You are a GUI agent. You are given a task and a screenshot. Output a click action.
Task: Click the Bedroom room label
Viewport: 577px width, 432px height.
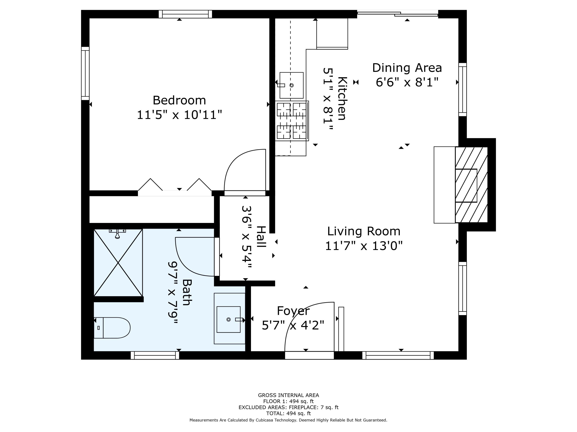click(179, 100)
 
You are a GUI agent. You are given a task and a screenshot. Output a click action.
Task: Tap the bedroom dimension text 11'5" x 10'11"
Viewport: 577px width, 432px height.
click(179, 115)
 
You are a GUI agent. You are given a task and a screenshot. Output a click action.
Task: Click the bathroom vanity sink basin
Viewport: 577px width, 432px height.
click(228, 319)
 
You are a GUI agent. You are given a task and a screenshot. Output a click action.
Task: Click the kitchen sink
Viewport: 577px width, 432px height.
click(291, 85)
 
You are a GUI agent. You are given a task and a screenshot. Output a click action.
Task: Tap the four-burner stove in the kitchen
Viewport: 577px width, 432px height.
click(292, 121)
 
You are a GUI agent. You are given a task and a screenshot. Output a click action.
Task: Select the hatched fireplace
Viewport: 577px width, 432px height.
click(471, 185)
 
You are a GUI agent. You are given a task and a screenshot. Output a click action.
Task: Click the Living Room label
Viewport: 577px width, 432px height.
click(364, 231)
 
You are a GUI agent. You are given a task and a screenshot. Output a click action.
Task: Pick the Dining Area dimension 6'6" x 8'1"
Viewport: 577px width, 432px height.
click(407, 82)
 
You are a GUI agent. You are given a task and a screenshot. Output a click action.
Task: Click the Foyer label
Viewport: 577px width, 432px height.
click(293, 311)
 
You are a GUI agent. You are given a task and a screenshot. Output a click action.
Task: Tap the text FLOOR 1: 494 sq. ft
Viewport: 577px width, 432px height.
click(288, 401)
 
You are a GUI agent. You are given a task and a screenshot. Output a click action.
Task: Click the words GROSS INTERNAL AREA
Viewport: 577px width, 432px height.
click(288, 395)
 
